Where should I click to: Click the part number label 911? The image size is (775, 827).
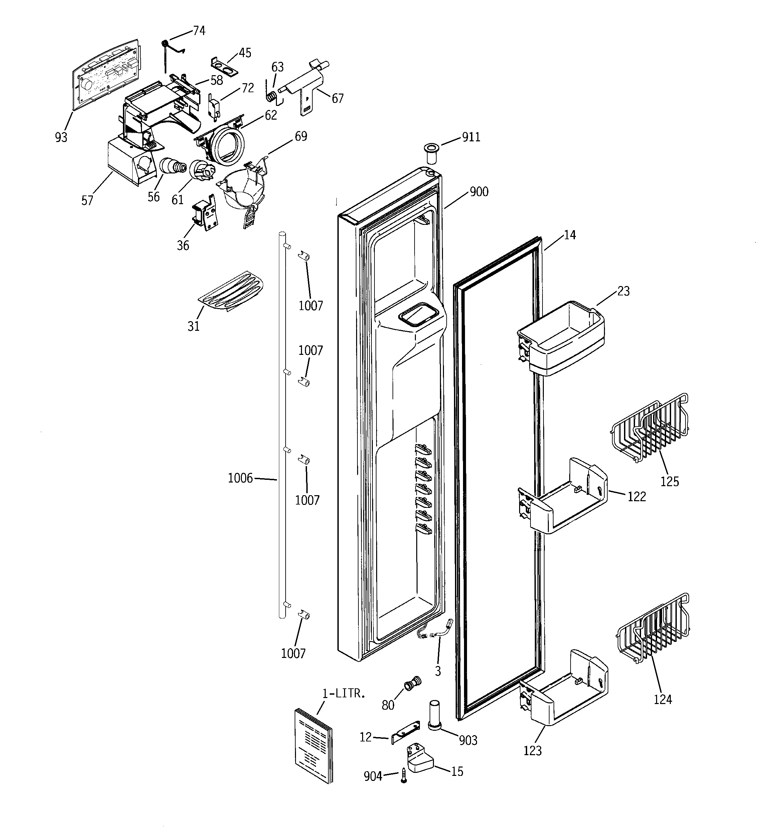click(x=471, y=137)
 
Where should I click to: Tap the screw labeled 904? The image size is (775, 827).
click(x=403, y=775)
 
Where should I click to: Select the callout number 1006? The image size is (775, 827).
click(x=240, y=478)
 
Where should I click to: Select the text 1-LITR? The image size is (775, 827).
click(x=344, y=693)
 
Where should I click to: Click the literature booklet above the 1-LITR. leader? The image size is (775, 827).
click(x=313, y=744)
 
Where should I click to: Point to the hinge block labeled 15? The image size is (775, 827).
click(x=419, y=759)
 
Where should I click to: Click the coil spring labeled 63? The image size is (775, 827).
click(x=271, y=97)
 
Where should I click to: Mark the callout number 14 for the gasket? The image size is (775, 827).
click(x=570, y=235)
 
